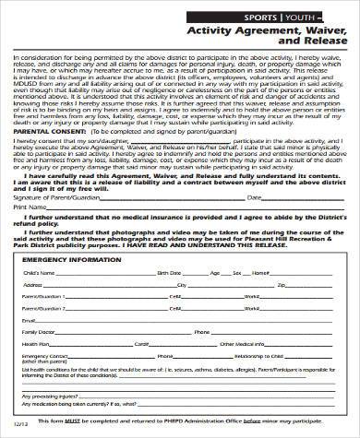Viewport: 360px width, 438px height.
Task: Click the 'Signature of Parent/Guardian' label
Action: pyautogui.click(x=56, y=195)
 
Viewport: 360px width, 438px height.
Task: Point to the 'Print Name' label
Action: pyautogui.click(x=30, y=207)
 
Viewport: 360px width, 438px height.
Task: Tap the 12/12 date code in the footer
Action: pyautogui.click(x=16, y=425)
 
